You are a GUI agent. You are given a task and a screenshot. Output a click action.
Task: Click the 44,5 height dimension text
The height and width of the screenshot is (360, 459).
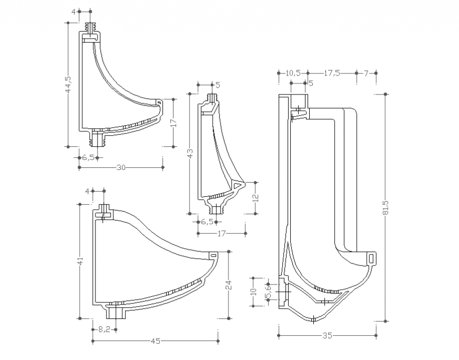(x=68, y=85)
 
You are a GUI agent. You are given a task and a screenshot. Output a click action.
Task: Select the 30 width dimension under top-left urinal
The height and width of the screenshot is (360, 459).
(x=121, y=167)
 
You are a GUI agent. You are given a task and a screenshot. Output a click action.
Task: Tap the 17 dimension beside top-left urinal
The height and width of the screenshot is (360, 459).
(x=173, y=122)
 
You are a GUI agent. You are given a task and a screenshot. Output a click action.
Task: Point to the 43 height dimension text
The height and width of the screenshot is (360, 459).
(x=190, y=154)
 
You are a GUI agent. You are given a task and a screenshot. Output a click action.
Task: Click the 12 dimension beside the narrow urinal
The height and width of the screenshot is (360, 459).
(x=255, y=197)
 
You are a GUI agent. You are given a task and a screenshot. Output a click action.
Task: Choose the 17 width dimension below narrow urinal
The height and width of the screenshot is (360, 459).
(x=222, y=232)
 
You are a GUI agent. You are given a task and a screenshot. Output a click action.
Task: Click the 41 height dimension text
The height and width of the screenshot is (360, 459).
(x=80, y=261)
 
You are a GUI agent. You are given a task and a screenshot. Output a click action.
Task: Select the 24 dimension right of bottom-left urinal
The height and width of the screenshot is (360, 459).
(x=228, y=285)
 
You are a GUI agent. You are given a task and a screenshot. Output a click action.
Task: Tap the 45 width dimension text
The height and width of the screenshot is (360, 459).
(x=156, y=341)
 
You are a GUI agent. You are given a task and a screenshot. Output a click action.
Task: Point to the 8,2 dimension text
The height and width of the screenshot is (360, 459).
(x=104, y=329)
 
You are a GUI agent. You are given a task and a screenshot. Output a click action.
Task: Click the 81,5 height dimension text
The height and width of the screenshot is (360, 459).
(x=386, y=207)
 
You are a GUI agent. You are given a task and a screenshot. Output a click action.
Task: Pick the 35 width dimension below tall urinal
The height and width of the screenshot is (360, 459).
(x=327, y=335)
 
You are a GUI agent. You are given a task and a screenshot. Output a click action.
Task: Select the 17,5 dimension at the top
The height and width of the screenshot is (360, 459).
(x=331, y=73)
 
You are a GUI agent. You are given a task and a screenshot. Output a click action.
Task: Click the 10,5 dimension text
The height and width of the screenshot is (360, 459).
(x=293, y=73)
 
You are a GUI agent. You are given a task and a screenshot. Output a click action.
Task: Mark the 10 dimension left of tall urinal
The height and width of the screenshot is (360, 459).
(x=253, y=291)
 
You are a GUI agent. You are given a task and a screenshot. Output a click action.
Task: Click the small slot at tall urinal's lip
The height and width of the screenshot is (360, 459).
(x=371, y=258)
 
